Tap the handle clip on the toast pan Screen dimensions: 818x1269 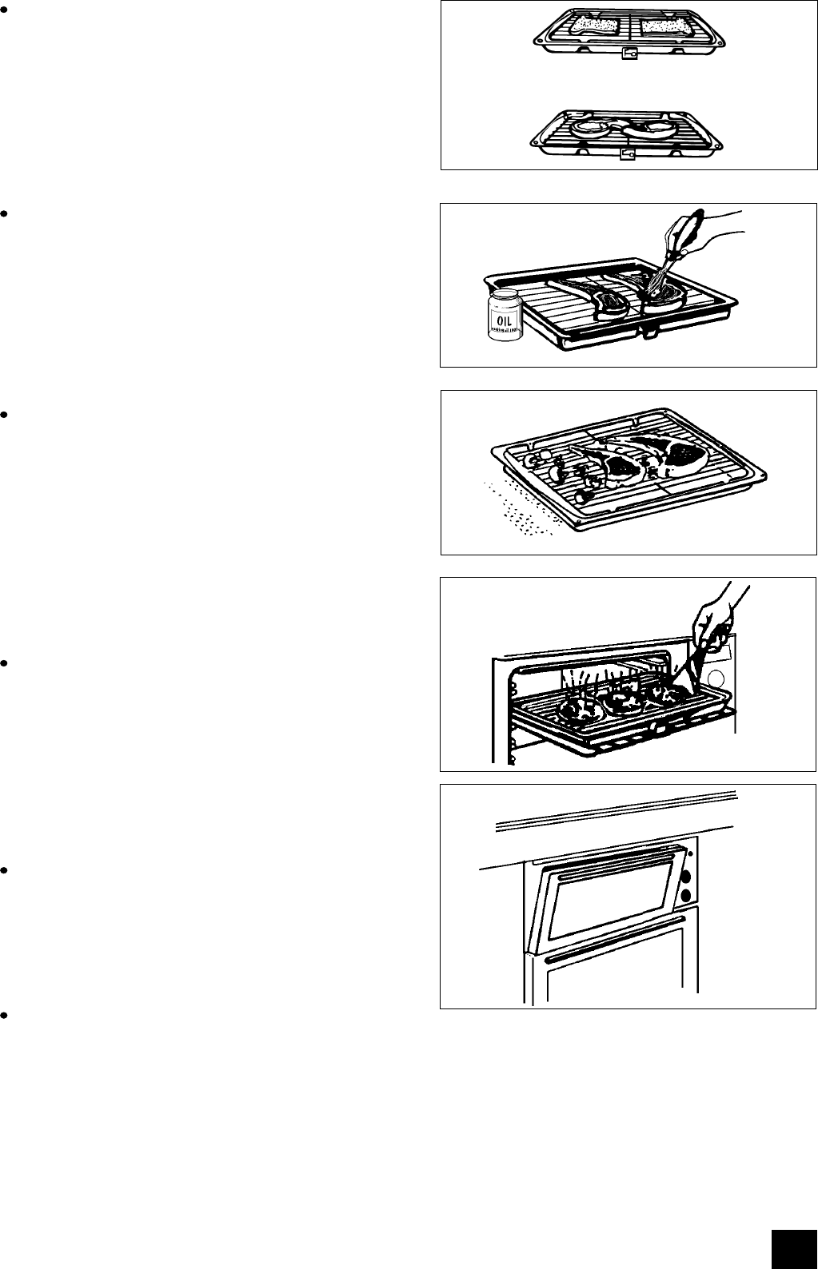point(629,54)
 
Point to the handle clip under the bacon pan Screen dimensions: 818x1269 point(628,155)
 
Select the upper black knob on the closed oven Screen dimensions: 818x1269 point(686,877)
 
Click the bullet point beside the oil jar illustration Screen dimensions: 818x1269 point(5,214)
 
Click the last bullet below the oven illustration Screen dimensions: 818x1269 point(5,1016)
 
